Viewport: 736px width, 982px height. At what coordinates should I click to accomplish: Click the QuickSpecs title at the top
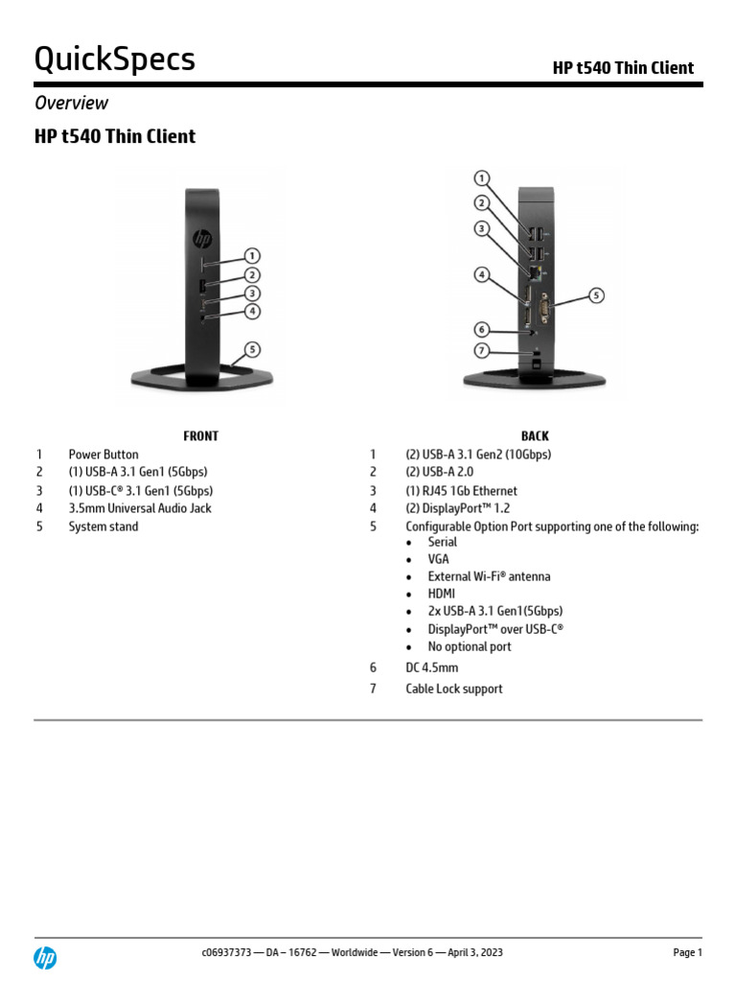(115, 58)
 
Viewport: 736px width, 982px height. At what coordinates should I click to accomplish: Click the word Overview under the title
(71, 103)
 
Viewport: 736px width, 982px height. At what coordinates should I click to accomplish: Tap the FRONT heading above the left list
(200, 435)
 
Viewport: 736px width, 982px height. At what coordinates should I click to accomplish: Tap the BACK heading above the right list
(535, 435)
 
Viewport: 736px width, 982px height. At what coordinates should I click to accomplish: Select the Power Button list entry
(103, 455)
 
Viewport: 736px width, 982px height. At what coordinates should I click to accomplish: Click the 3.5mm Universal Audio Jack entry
(140, 508)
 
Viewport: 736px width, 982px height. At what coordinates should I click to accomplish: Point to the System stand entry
(103, 526)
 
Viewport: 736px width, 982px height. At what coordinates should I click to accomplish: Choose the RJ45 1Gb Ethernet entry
(462, 491)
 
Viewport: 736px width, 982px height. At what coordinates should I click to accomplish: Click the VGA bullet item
(438, 559)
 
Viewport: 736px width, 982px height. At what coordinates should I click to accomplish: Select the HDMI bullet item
(442, 594)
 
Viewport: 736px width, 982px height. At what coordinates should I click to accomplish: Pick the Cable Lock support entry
(454, 689)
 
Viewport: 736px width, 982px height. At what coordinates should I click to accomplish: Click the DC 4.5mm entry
(432, 666)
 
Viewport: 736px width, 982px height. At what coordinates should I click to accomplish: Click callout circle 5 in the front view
(252, 349)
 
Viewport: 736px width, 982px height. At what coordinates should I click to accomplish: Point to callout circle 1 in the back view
(483, 178)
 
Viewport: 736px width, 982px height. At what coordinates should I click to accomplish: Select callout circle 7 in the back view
(483, 351)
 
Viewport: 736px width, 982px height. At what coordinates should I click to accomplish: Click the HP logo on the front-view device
(202, 238)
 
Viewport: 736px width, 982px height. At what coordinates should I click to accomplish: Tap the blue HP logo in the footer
(45, 956)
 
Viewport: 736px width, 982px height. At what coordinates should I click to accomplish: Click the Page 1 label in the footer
(687, 952)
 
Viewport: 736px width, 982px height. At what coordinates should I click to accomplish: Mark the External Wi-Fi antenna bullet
(489, 576)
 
